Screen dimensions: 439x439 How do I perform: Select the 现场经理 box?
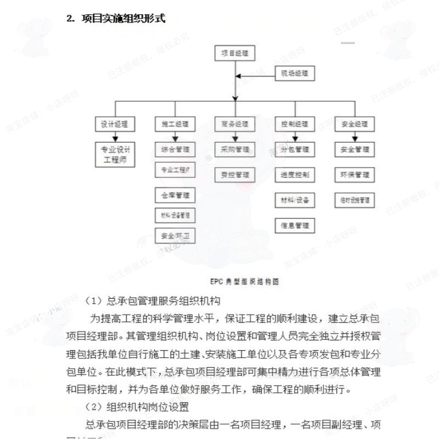pyautogui.click(x=295, y=75)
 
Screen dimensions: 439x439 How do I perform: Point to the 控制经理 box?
pyautogui.click(x=295, y=125)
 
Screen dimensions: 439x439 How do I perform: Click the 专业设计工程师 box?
pyautogui.click(x=115, y=154)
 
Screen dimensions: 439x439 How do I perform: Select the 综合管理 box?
pyautogui.click(x=175, y=150)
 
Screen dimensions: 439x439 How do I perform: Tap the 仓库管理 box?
pyautogui.click(x=175, y=195)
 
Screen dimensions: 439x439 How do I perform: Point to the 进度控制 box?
pyautogui.click(x=295, y=174)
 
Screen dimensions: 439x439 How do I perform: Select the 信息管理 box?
pyautogui.click(x=295, y=225)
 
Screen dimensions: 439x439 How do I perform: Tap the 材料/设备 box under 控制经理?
pyautogui.click(x=295, y=200)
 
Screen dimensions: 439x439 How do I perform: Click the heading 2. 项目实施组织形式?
pyautogui.click(x=116, y=19)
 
